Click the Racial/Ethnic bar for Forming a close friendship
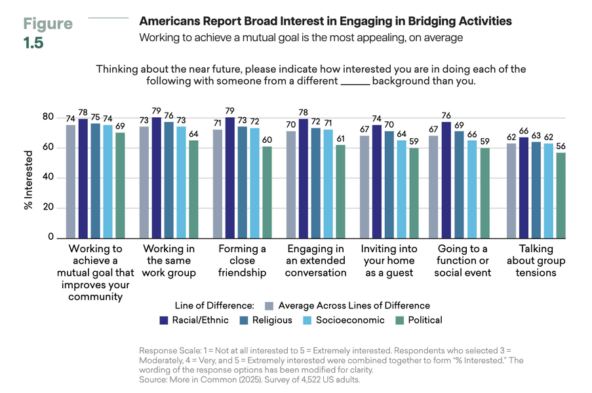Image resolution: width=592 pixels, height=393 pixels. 229,178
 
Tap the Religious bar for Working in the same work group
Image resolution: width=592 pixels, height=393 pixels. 168,179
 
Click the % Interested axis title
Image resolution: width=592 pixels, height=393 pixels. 29,178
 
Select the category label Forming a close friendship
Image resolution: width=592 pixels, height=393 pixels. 242,261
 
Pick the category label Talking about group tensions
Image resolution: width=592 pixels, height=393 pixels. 536,261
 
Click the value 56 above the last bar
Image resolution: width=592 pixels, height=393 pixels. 561,146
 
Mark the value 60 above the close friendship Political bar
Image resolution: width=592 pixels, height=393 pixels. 266,140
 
